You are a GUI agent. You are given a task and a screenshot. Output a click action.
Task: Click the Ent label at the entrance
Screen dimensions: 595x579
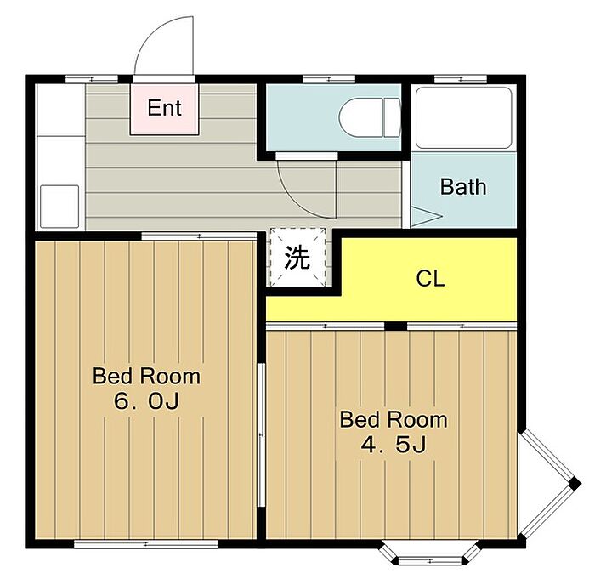coord(164,108)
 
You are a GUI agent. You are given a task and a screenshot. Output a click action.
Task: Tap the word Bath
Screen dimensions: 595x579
coord(463,187)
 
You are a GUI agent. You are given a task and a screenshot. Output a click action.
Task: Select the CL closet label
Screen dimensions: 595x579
coord(430,279)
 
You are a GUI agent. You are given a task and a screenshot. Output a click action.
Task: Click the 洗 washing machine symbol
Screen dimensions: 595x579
coord(297,257)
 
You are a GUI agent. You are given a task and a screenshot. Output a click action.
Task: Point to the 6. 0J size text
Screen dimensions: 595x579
coord(146,401)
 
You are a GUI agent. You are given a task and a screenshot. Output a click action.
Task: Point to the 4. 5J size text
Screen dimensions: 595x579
coord(394,444)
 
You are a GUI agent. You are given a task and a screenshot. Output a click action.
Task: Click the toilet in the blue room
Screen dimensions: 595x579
coord(369,117)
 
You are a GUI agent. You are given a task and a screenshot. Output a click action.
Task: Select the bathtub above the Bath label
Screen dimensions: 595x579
coord(463,117)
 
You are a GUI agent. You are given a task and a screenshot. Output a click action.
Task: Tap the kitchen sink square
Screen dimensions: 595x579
coord(59,206)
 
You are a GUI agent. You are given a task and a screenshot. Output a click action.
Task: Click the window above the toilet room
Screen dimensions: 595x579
coord(329,79)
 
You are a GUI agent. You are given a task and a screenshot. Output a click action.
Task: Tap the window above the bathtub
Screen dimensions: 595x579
coord(461,79)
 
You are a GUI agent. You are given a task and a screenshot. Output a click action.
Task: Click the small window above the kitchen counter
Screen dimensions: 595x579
coord(92,79)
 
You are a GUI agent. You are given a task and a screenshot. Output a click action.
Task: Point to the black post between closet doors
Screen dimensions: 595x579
coord(396,326)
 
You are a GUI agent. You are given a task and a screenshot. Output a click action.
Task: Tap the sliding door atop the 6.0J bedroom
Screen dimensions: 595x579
coord(200,236)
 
